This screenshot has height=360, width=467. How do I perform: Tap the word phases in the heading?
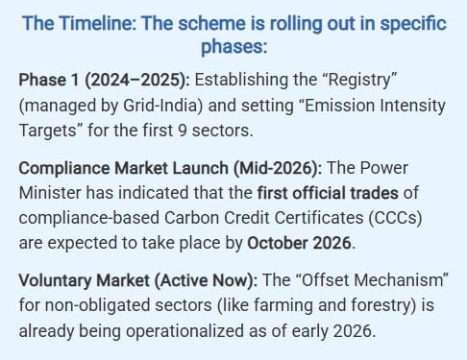(x=233, y=47)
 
